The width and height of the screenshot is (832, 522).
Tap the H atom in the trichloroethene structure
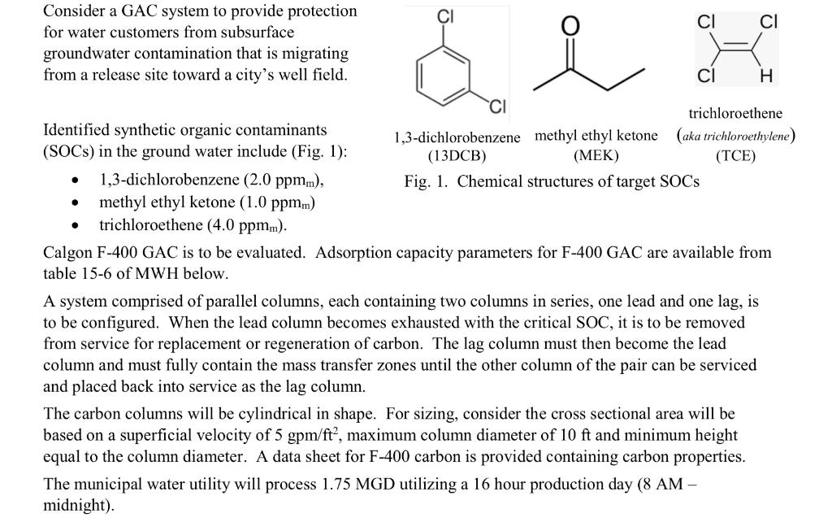tap(764, 77)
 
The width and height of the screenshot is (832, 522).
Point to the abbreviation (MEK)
tap(596, 156)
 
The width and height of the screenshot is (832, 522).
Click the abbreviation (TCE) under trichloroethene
tap(735, 156)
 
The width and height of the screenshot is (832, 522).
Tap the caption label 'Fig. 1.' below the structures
tap(427, 181)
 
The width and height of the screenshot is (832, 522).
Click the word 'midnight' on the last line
tap(72, 505)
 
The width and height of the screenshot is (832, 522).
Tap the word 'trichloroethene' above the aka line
tap(735, 114)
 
